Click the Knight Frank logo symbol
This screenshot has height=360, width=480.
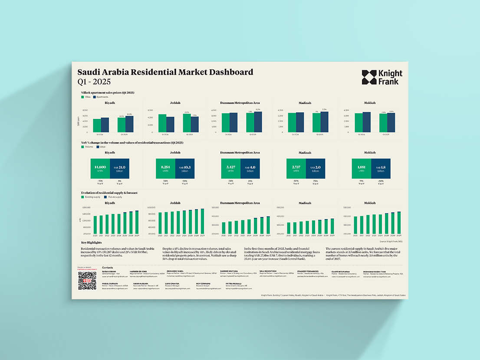point(370,77)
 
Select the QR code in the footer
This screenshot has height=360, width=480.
point(87,281)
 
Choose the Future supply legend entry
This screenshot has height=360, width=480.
point(103,197)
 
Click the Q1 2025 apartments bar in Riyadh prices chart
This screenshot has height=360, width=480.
point(129,124)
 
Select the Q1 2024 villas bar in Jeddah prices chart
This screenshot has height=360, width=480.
point(162,123)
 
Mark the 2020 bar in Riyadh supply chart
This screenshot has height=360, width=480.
point(95,224)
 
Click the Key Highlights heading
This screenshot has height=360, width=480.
point(91,242)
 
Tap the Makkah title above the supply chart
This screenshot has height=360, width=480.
point(370,203)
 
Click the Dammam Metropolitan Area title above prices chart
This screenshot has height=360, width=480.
point(240,103)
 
